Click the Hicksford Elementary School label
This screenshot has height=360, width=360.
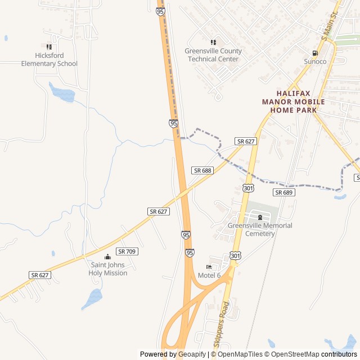49,60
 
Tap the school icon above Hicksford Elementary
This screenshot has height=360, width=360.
49,47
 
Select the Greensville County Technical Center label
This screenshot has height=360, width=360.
213,55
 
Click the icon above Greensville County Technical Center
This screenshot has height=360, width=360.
213,42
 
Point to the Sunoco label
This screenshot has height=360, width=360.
315,61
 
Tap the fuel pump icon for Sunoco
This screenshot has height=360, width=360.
315,53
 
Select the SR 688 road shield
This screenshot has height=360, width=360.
202,170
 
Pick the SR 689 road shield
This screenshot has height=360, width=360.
284,192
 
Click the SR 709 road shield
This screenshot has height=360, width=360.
127,251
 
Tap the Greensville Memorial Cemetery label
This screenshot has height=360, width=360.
260,229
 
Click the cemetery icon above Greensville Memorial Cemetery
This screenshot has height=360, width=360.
260,218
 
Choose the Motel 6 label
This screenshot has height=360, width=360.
209,275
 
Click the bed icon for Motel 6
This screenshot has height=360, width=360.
209,267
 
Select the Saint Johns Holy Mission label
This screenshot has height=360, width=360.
108,269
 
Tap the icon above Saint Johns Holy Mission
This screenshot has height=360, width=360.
108,257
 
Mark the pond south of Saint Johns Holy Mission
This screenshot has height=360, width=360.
92,298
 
